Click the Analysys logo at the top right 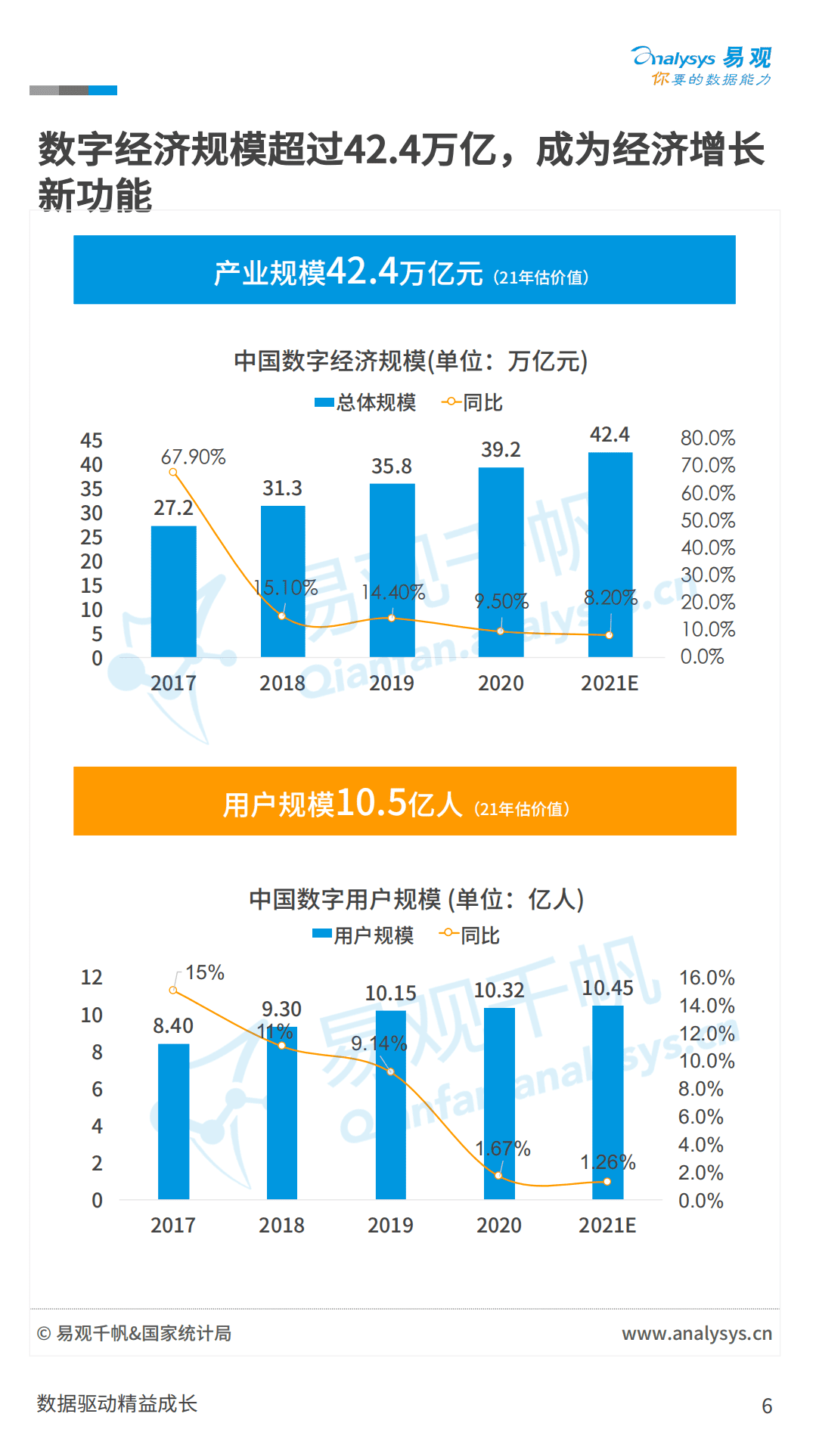[x=701, y=66]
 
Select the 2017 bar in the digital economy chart [x=174, y=591]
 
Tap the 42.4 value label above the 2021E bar [x=610, y=435]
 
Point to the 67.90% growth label [x=193, y=457]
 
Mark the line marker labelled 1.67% [x=498, y=1175]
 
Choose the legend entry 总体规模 [x=366, y=402]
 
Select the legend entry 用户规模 [x=364, y=935]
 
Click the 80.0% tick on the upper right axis [x=707, y=438]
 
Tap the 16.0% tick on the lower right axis [x=706, y=978]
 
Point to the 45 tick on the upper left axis [x=92, y=441]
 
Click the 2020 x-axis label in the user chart [x=498, y=1225]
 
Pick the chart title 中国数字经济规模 [x=410, y=361]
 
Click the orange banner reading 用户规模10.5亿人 [x=405, y=801]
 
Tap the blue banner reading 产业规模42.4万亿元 [x=405, y=270]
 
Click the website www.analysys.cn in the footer [x=697, y=1333]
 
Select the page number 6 [x=766, y=1406]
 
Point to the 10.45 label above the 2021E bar [x=607, y=987]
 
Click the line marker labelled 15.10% [x=282, y=616]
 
